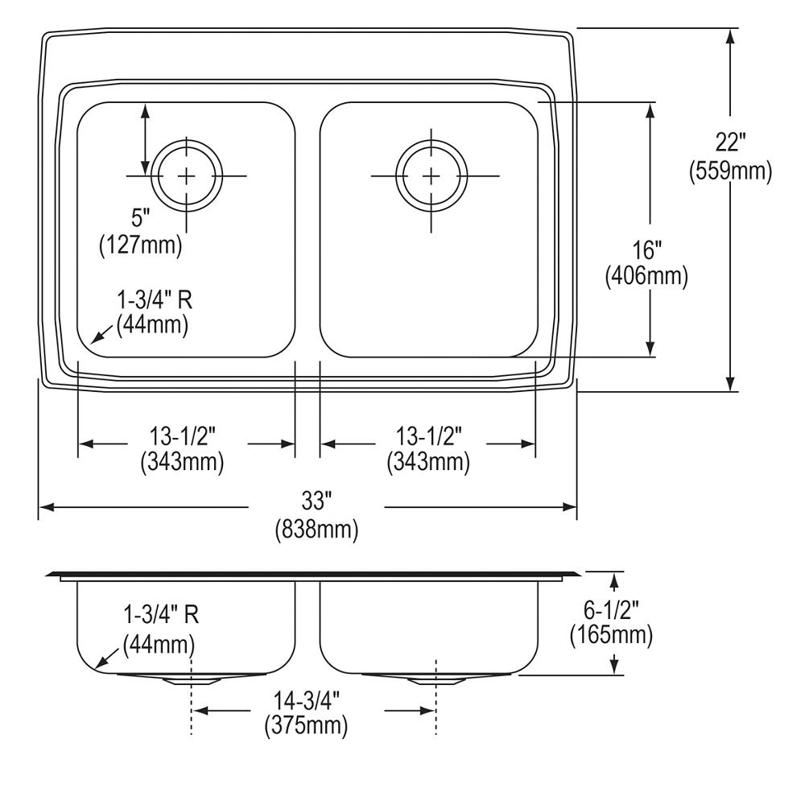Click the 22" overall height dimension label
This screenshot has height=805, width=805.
pos(730,142)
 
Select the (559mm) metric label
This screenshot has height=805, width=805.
pos(730,171)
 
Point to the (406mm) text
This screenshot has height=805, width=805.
pos(647,277)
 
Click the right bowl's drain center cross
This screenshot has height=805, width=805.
pos(432,175)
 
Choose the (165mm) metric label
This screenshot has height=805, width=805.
pos(610,635)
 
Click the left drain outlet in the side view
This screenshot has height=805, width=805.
pos(191,679)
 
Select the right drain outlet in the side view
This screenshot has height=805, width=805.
pos(436,679)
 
